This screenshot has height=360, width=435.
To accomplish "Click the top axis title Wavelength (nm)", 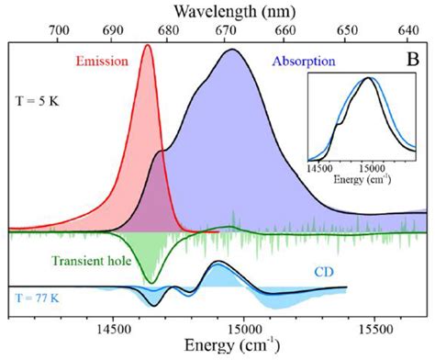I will pos(217,12).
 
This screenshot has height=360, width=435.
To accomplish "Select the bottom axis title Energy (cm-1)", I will pos(217,347).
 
